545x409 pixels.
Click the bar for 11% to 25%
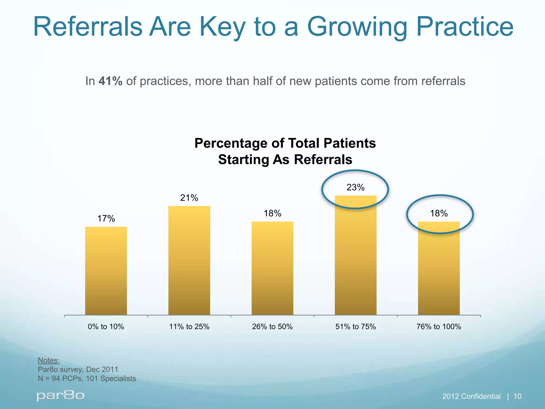click(189, 260)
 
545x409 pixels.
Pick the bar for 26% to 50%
click(272, 268)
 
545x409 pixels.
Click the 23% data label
click(355, 187)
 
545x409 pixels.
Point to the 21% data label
click(189, 198)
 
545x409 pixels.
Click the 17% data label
click(106, 219)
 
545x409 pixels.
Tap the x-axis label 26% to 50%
click(272, 326)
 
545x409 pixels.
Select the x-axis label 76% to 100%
click(439, 326)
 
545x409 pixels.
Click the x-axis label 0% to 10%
click(106, 326)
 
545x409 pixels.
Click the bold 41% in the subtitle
click(110, 81)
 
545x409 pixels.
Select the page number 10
click(517, 396)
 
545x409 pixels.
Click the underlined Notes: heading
click(48, 360)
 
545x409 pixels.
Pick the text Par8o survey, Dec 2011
click(78, 369)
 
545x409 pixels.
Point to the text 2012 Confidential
click(471, 396)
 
